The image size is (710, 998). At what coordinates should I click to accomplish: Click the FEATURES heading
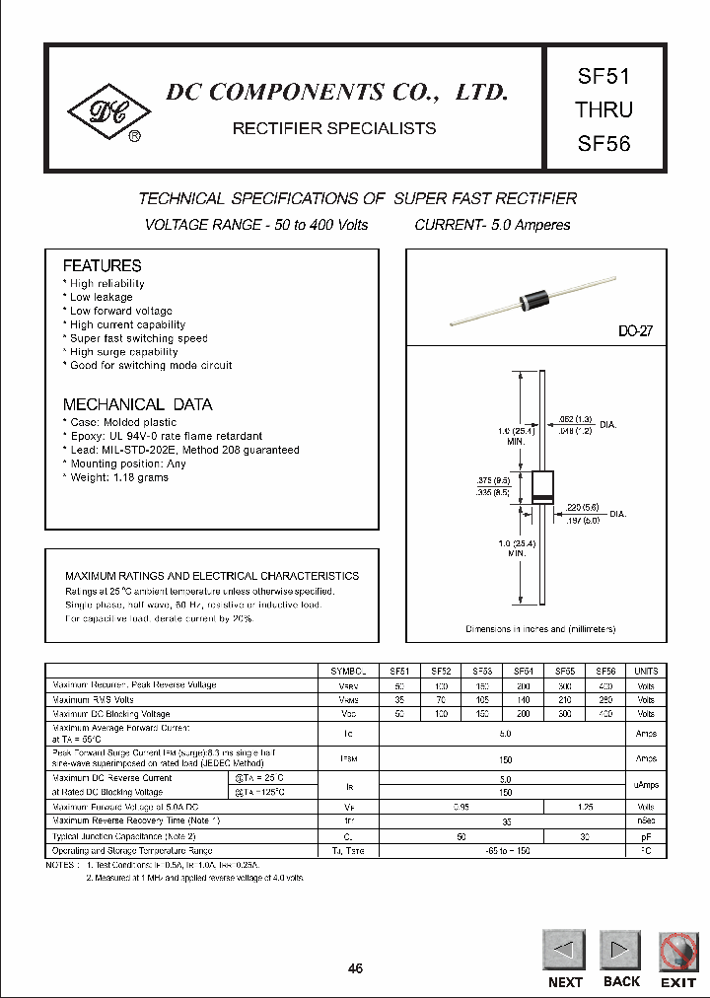pos(102,266)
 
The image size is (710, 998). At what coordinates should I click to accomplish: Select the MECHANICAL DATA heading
pos(137,404)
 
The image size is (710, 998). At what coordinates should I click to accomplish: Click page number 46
pos(356,968)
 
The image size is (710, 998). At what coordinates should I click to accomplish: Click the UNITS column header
pos(646,671)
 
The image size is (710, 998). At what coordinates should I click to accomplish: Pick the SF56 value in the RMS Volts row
pos(605,699)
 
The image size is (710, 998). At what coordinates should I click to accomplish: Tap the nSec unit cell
pos(646,820)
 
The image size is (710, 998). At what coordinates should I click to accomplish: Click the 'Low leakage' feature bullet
pos(101,297)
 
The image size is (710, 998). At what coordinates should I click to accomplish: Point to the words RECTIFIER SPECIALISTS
pos(333,128)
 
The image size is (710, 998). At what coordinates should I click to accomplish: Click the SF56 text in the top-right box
pos(603,143)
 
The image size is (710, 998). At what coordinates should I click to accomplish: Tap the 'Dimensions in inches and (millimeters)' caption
pos(540,628)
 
